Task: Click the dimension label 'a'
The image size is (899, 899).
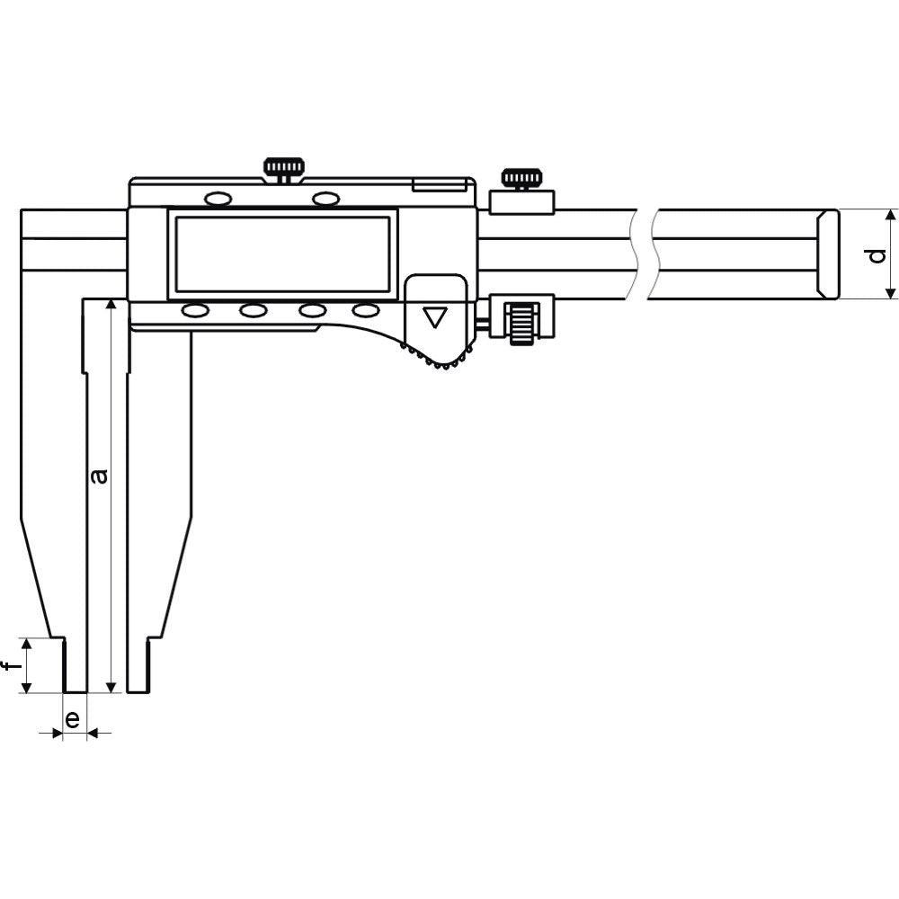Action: pyautogui.click(x=100, y=474)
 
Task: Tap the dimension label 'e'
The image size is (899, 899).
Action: pyautogui.click(x=74, y=718)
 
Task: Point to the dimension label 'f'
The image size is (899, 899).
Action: pyautogui.click(x=10, y=666)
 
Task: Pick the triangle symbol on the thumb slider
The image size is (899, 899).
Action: pyautogui.click(x=435, y=317)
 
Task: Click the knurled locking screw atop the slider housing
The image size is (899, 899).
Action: pyautogui.click(x=283, y=168)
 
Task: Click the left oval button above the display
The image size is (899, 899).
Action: pyautogui.click(x=218, y=198)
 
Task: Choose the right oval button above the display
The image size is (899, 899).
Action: pyautogui.click(x=325, y=197)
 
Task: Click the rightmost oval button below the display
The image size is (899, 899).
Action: pyautogui.click(x=366, y=310)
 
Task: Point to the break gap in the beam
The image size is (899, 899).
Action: pyautogui.click(x=643, y=254)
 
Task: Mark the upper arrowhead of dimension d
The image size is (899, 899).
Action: pyautogui.click(x=890, y=216)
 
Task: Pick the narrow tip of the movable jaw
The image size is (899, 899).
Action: pyautogui.click(x=138, y=665)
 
